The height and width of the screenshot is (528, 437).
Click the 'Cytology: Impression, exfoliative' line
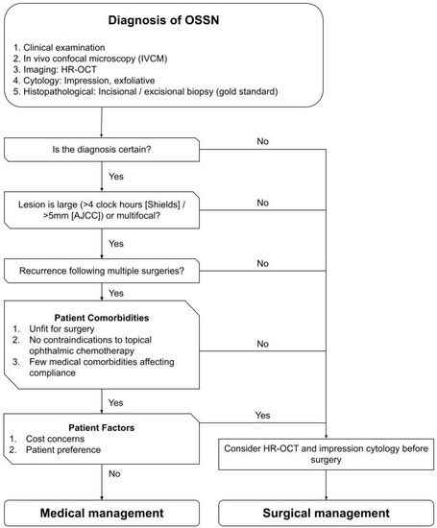tap(91, 83)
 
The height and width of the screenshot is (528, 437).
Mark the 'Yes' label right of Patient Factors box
tap(262, 415)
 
